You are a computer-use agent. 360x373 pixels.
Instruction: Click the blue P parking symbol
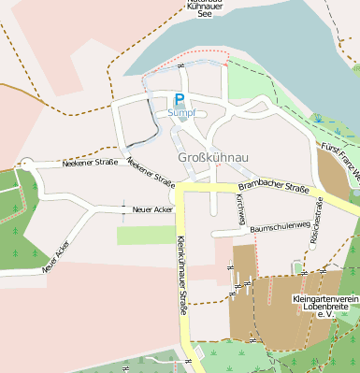coord(179,99)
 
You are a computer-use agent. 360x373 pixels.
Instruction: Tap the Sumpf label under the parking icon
coord(181,112)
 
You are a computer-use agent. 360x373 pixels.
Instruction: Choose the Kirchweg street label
coord(240,211)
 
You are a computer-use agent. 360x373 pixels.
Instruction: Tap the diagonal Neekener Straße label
coord(151,171)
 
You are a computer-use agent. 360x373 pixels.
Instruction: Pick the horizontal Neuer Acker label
coord(153,209)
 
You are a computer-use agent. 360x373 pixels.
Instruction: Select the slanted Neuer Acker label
coord(56,256)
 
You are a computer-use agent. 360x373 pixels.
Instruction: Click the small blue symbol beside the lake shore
coord(318,118)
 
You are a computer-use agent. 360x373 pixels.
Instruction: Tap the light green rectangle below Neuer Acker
coord(145,235)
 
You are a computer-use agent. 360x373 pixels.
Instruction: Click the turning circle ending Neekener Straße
coord(26,164)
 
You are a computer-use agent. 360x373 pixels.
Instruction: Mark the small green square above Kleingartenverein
coord(298,268)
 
